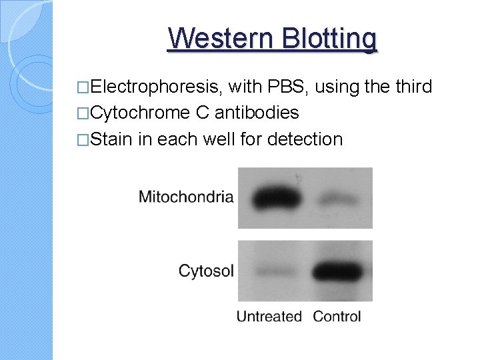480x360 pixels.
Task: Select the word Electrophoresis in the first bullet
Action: [x=157, y=87]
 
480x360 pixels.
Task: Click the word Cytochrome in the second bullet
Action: [x=140, y=113]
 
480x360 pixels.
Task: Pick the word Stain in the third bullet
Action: [x=111, y=139]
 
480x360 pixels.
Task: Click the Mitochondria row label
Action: [x=186, y=197]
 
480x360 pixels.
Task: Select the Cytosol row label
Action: [x=206, y=271]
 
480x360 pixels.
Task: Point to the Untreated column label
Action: [x=269, y=317]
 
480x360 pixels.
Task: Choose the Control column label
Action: [x=337, y=317]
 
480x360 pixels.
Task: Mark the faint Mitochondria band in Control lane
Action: [x=339, y=199]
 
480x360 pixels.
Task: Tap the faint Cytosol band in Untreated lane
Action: [x=273, y=272]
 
